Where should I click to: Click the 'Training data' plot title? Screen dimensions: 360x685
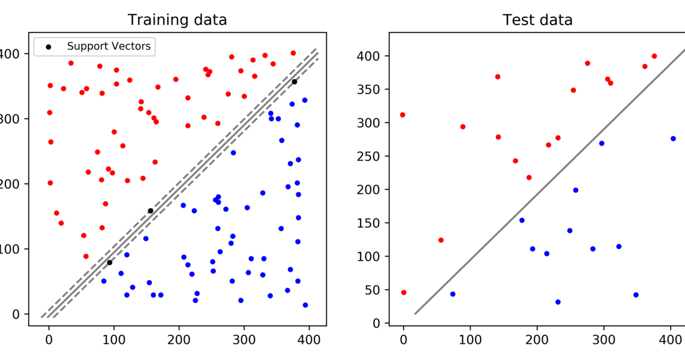point(178,20)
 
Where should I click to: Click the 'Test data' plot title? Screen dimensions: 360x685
point(537,20)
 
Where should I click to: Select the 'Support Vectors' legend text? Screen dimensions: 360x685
point(109,46)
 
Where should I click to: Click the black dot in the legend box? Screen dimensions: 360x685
point(47,47)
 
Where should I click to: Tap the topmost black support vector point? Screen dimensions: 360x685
point(295,82)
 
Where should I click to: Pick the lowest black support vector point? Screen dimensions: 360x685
point(109,262)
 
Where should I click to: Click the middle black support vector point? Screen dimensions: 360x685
point(151,211)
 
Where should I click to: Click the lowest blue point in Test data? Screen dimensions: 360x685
point(558,302)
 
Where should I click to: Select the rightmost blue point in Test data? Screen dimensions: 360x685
point(673,139)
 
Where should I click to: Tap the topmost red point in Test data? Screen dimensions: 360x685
point(654,56)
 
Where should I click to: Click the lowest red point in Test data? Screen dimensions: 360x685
point(404,293)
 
